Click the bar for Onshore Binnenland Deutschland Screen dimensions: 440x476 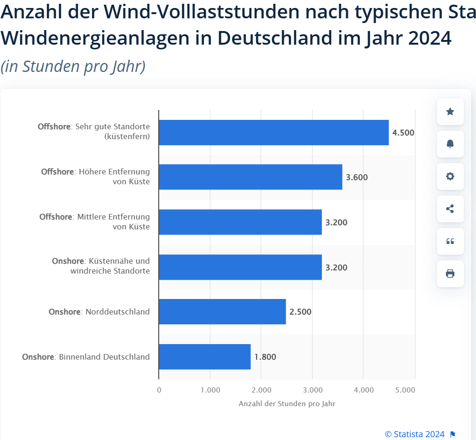pos(204,357)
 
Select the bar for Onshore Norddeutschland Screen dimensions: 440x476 pos(222,312)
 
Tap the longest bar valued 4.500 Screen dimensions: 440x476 pos(273,133)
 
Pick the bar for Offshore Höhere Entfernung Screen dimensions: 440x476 pos(250,177)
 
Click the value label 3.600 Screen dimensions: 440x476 pos(357,178)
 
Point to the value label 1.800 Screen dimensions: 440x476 pos(265,357)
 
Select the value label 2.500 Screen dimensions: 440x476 pos(300,312)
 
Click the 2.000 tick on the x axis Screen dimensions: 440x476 pos(261,390)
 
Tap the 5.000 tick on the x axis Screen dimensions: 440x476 pos(405,390)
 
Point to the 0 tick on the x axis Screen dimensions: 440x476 pos(159,390)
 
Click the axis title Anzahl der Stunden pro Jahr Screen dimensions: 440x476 pos(287,404)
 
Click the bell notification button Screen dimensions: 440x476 pos(450,144)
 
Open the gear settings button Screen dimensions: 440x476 pos(450,176)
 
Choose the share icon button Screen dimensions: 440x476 pos(450,209)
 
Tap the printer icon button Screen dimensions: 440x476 pos(450,274)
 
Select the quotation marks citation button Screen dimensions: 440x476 pos(450,241)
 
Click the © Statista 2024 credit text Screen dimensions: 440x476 pos(414,434)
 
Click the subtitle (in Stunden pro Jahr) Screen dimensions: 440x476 pos(73,66)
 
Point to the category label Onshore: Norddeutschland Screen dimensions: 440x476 pos(99,312)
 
